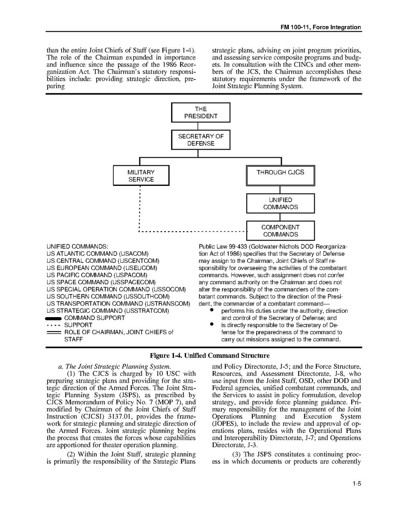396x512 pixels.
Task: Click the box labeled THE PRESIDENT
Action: click(201, 112)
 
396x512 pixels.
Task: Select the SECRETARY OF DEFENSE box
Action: click(201, 140)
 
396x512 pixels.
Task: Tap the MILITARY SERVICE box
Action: click(141, 176)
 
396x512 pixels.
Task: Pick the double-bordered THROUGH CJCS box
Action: click(280, 176)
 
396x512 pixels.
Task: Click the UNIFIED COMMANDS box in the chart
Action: click(280, 203)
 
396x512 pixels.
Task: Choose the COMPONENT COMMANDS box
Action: click(280, 231)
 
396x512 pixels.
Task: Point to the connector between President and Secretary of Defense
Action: click(198, 126)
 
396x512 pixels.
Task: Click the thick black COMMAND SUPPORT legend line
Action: click(54, 318)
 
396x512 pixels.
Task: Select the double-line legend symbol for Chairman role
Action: click(54, 333)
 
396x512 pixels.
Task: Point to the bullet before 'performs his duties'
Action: click(211, 311)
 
